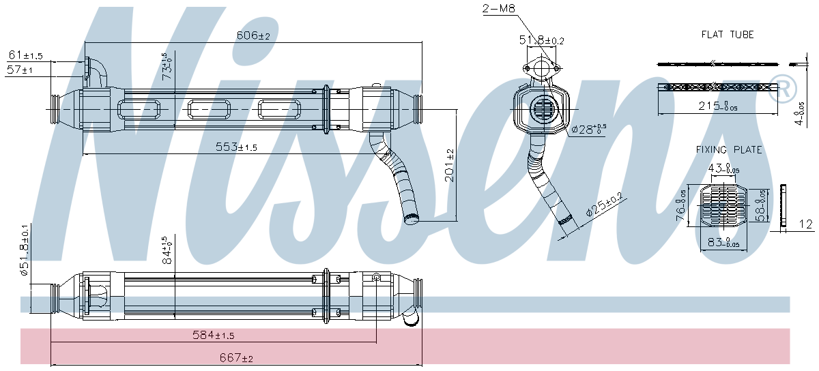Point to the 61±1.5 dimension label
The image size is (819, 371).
coord(25,56)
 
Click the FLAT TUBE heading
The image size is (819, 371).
coord(728,34)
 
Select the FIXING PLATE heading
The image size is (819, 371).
coord(729,149)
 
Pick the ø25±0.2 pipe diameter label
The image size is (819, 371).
coord(604,205)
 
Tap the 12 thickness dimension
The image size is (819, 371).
coord(805,224)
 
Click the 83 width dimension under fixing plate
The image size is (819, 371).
coord(722,241)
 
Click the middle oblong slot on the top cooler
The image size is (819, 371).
coord(210,109)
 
